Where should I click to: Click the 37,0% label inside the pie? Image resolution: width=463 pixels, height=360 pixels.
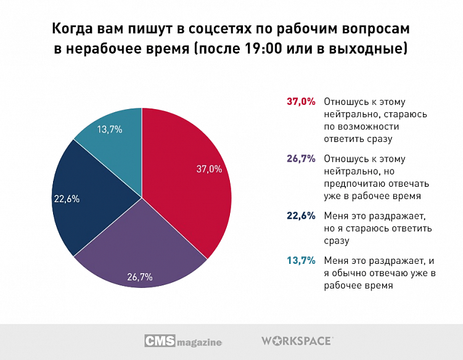(208, 169)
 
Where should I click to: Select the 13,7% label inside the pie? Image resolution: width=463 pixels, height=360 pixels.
(109, 129)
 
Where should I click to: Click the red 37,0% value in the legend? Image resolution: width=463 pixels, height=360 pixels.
(301, 102)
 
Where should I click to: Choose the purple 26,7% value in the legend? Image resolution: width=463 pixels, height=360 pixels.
(301, 158)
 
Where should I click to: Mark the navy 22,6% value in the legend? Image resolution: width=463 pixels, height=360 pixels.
(301, 216)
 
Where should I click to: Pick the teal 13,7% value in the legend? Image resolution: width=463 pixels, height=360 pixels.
(301, 260)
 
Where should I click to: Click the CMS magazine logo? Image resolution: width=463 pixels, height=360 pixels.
(183, 340)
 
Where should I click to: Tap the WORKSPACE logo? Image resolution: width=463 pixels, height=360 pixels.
(297, 340)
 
